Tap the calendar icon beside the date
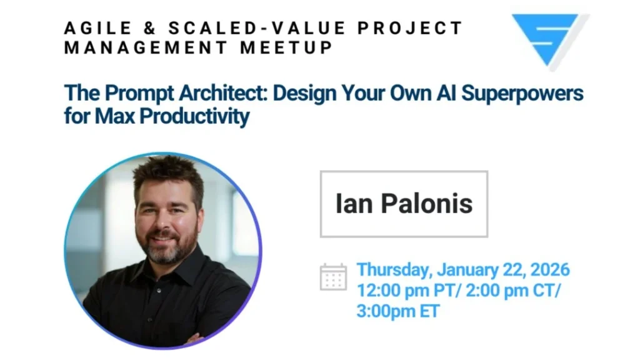tap(334, 277)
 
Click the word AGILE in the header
tap(98, 28)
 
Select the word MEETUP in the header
tap(286, 47)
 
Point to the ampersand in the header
tap(150, 28)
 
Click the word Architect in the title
tap(223, 92)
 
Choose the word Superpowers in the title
tap(522, 94)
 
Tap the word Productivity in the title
tap(194, 117)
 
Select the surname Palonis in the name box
tap(426, 203)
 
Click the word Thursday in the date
tap(394, 270)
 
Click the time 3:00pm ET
tap(398, 311)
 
